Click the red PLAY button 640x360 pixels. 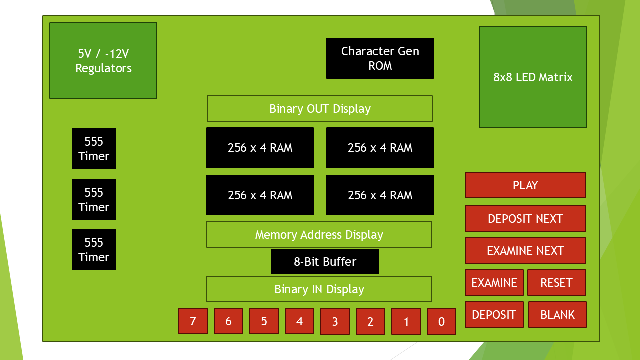coord(525,185)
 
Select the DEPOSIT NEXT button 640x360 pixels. coord(525,218)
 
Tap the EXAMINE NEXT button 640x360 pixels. coord(525,251)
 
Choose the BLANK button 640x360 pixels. coord(557,315)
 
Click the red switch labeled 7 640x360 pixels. coord(193,321)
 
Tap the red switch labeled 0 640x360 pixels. coord(441,321)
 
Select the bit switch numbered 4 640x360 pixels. coord(299,321)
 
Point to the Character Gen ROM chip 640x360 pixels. coord(380,58)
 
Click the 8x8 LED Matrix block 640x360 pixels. coord(533,77)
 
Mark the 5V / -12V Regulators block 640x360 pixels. coord(103,61)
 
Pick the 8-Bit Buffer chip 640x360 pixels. coord(325,262)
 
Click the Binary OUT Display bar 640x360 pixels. coord(320,109)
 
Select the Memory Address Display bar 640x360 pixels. coord(319,235)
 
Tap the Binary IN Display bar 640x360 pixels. coord(319,289)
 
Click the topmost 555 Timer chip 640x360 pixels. coord(94,149)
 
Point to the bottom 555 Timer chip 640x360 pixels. coord(94,250)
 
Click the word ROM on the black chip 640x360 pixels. coord(380,66)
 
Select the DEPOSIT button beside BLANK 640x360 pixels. coord(494,315)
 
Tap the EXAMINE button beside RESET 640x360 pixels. coord(494,283)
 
